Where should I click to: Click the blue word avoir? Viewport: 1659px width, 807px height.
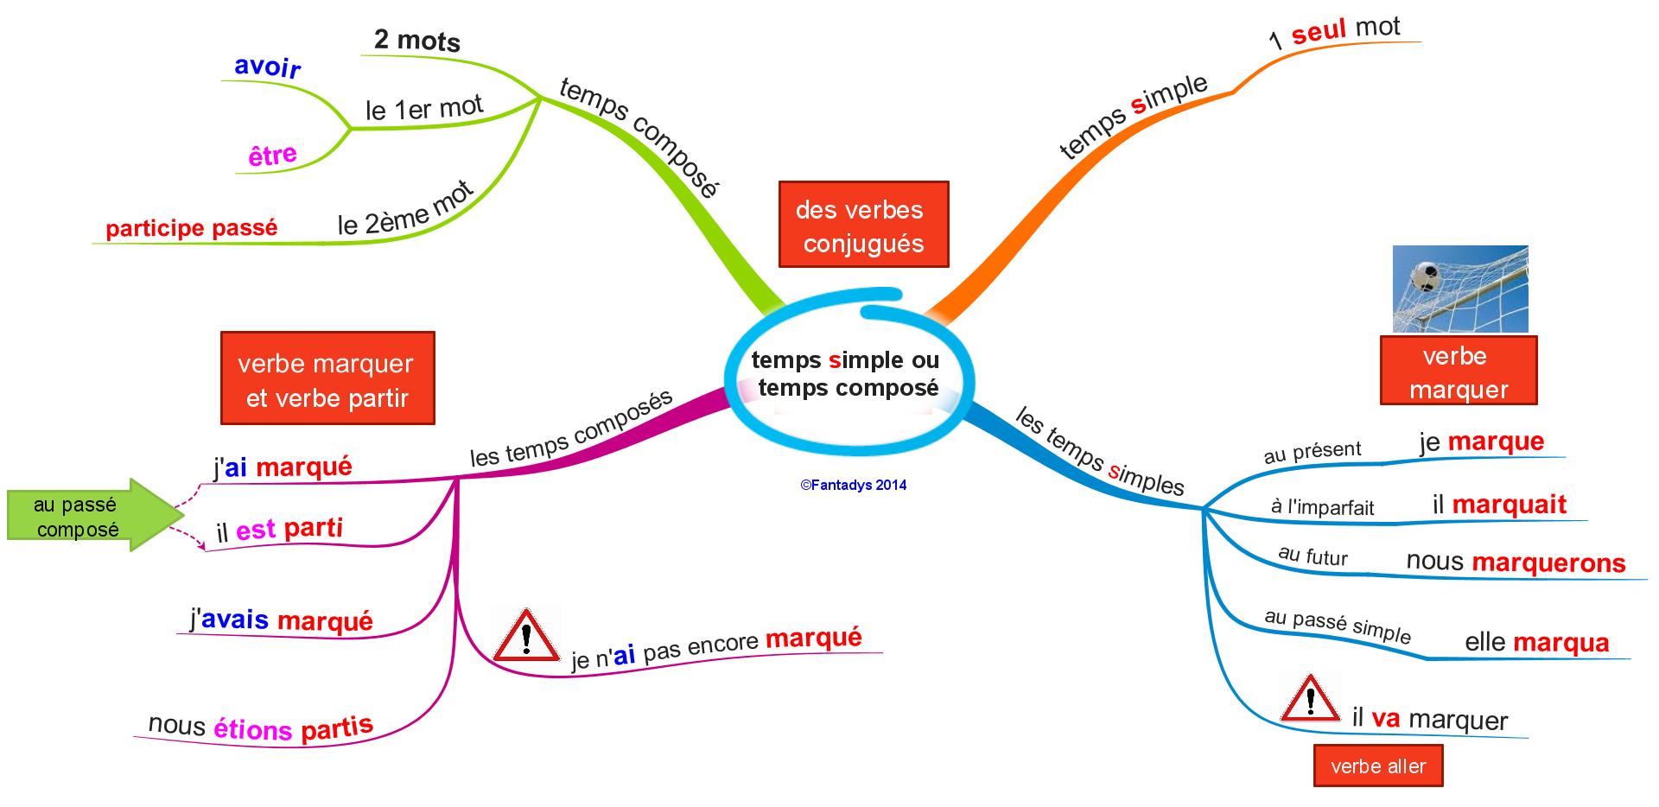click(267, 67)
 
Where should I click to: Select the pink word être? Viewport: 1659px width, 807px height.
click(272, 156)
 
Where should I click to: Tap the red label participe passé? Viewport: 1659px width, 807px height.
click(192, 228)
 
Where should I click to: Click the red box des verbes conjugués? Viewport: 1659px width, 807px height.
click(863, 225)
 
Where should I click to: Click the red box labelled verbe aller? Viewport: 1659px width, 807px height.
click(1377, 766)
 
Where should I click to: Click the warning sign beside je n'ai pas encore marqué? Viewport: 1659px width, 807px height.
click(524, 636)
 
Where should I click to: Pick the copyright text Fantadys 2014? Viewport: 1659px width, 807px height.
click(854, 486)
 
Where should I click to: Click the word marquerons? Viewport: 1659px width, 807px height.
click(1548, 563)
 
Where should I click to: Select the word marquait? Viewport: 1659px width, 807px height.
click(1509, 505)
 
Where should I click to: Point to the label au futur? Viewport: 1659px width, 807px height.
click(1313, 556)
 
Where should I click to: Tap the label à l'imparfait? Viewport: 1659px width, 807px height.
click(1322, 507)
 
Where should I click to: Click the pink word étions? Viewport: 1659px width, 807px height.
click(253, 729)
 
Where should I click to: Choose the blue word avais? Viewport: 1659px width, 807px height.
click(235, 620)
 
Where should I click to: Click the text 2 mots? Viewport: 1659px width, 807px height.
click(416, 40)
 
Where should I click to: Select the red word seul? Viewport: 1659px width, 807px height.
click(1319, 33)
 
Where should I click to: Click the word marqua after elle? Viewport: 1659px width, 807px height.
click(1560, 643)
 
